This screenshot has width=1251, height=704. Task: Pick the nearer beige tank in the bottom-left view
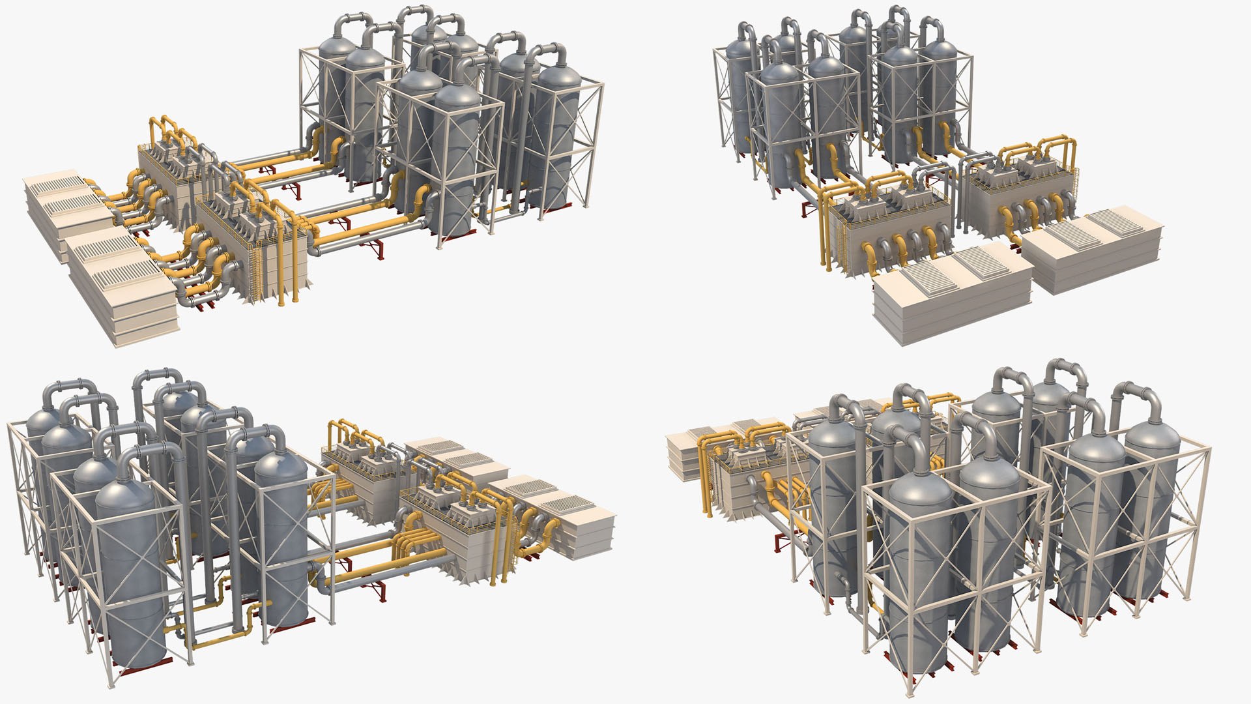[x=573, y=528]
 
